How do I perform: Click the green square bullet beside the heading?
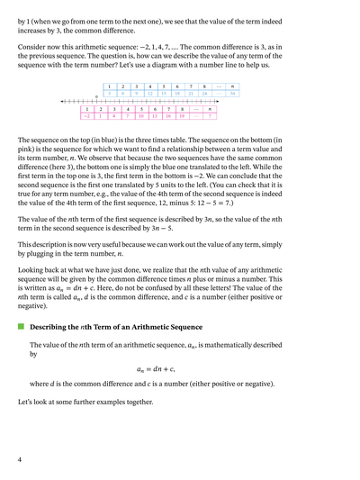point(21,328)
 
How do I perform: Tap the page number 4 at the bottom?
point(20,459)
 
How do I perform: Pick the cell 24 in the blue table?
point(204,93)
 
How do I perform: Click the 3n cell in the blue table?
point(233,93)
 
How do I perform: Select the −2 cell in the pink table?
point(87,116)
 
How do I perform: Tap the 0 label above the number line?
point(96,97)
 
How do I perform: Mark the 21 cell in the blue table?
point(191,93)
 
